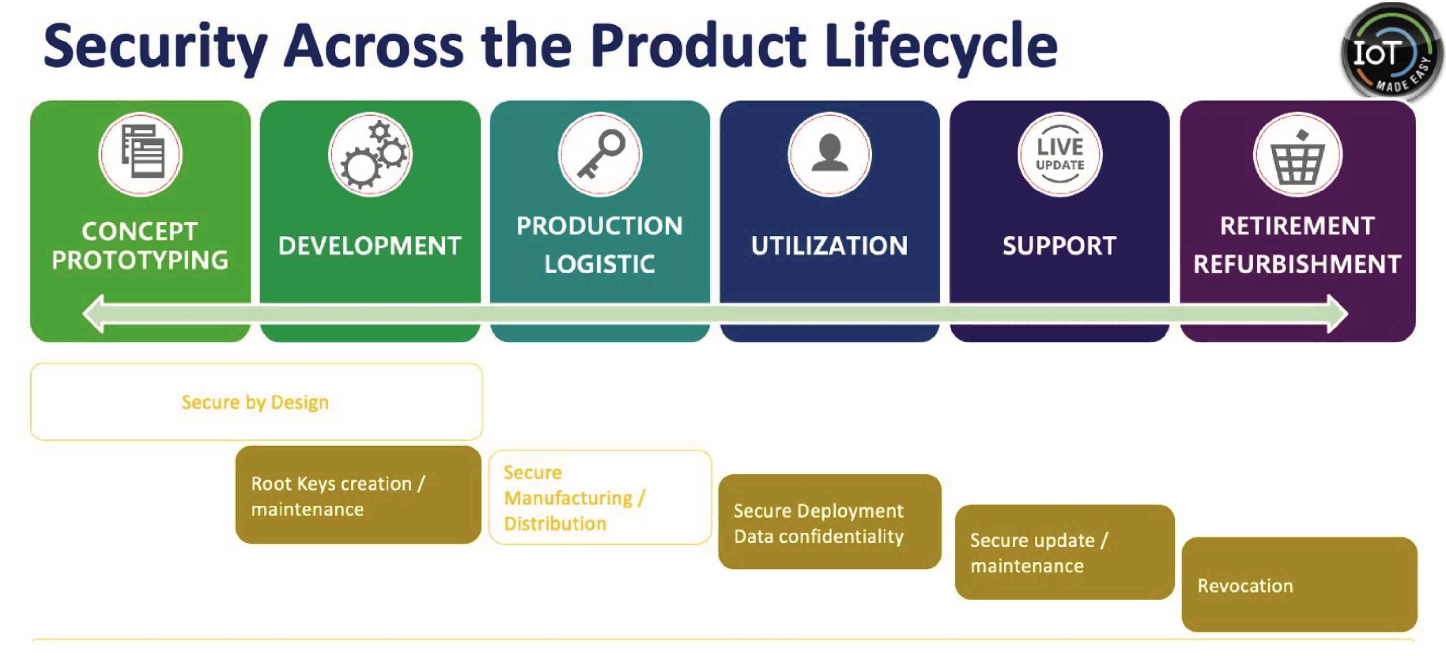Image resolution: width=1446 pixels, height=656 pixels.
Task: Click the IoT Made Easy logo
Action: pos(1391,52)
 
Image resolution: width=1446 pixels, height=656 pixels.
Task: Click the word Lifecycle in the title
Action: pos(940,46)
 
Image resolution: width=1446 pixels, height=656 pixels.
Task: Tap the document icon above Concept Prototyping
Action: pos(140,154)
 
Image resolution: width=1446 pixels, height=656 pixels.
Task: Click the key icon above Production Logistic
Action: pos(600,154)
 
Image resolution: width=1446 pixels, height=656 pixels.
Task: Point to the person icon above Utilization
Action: pos(830,154)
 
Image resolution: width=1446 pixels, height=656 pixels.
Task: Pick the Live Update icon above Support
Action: pos(1060,154)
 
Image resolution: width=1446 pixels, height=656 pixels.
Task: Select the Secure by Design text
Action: pos(255,402)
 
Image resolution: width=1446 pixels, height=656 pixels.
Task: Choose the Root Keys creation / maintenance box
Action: pos(358,495)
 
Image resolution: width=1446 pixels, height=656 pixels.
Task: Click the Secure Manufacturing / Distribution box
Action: pos(600,498)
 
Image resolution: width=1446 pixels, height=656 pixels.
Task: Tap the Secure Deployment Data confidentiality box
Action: pos(830,522)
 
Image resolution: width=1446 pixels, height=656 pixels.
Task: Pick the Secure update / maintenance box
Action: pos(1064,552)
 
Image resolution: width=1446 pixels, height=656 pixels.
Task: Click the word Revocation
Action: pos(1245,586)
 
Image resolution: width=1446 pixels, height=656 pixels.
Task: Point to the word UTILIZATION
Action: pos(830,246)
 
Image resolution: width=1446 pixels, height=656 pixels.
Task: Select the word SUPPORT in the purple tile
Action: pos(1060,246)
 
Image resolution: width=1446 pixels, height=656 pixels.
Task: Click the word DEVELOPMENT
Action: pos(370,246)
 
